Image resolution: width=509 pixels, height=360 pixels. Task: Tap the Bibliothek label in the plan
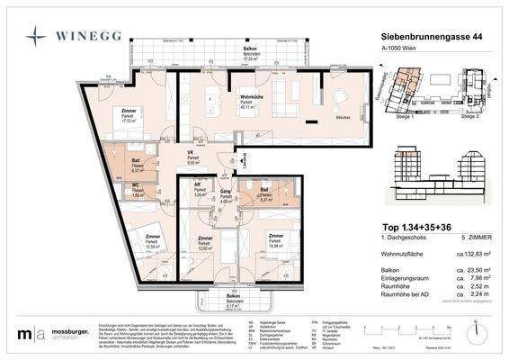(342, 118)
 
